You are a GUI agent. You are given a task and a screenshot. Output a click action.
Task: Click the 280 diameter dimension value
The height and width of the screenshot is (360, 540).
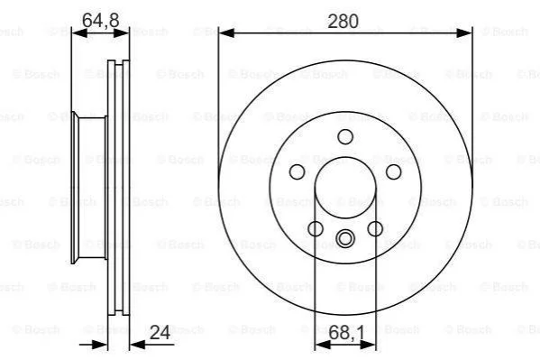(343, 22)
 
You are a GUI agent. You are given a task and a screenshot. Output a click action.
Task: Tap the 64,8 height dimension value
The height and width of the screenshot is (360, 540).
(101, 21)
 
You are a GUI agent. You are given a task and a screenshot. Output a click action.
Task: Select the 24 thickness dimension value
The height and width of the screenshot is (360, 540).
(160, 332)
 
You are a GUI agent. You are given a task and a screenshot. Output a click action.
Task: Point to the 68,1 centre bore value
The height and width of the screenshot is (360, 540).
(346, 333)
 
